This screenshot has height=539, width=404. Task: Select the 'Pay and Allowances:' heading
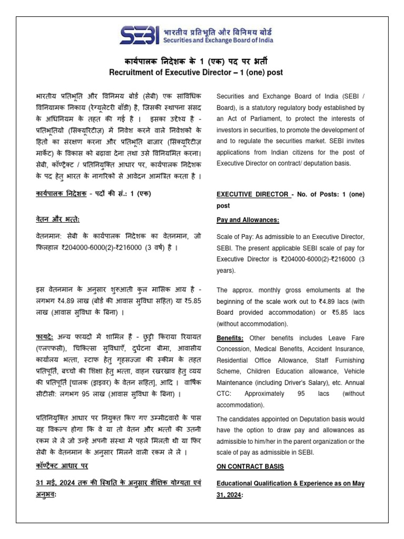(x=247, y=219)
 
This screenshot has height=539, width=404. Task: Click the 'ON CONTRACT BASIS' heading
(x=250, y=466)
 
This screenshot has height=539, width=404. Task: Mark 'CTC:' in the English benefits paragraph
(x=226, y=393)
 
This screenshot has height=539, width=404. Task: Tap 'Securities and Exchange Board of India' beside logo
(x=225, y=40)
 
